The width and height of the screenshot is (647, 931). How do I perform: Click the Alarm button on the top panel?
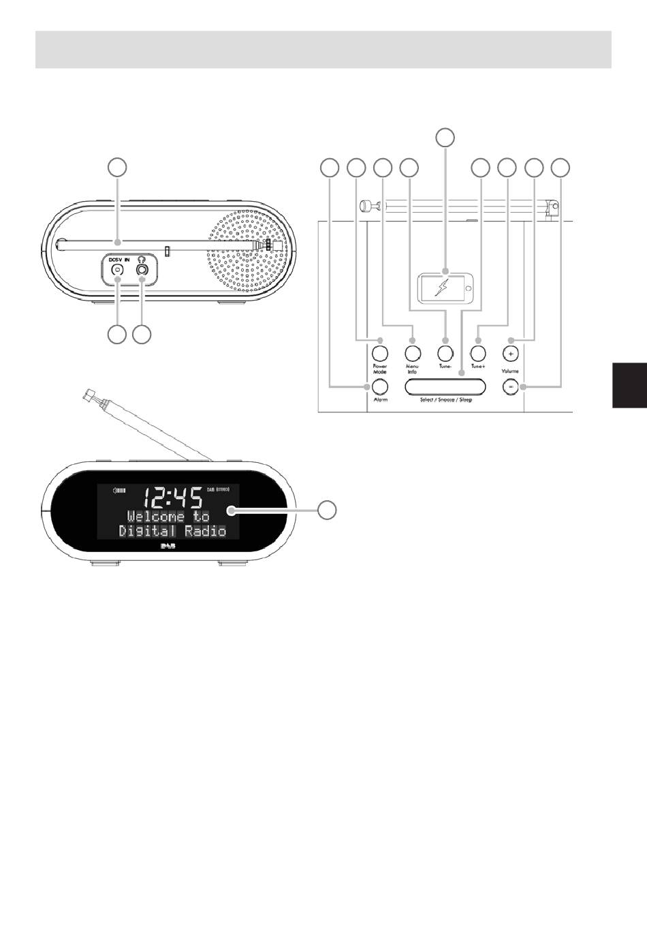pos(379,386)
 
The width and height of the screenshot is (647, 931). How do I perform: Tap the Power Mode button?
pos(379,353)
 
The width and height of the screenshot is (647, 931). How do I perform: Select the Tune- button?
pos(445,353)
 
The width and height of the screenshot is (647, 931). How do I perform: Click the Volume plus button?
pos(510,353)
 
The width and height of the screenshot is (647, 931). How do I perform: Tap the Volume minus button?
pos(510,386)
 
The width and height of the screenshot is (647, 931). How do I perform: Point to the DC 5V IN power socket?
pos(117,270)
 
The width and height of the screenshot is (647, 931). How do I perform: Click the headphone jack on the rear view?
pos(142,270)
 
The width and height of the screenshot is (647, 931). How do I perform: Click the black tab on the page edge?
pos(629,384)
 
